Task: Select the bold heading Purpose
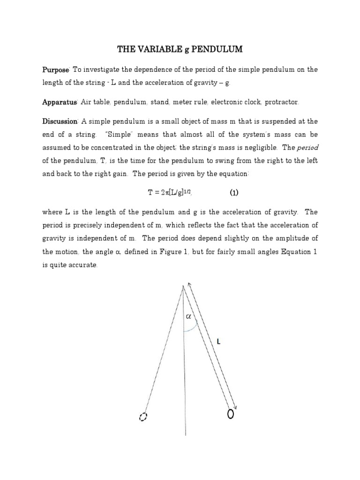(x=56, y=70)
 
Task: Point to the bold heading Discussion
(x=60, y=122)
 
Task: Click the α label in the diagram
(x=189, y=316)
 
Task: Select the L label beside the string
(x=218, y=342)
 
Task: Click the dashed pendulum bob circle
(x=143, y=417)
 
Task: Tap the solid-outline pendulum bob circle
(x=231, y=414)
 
